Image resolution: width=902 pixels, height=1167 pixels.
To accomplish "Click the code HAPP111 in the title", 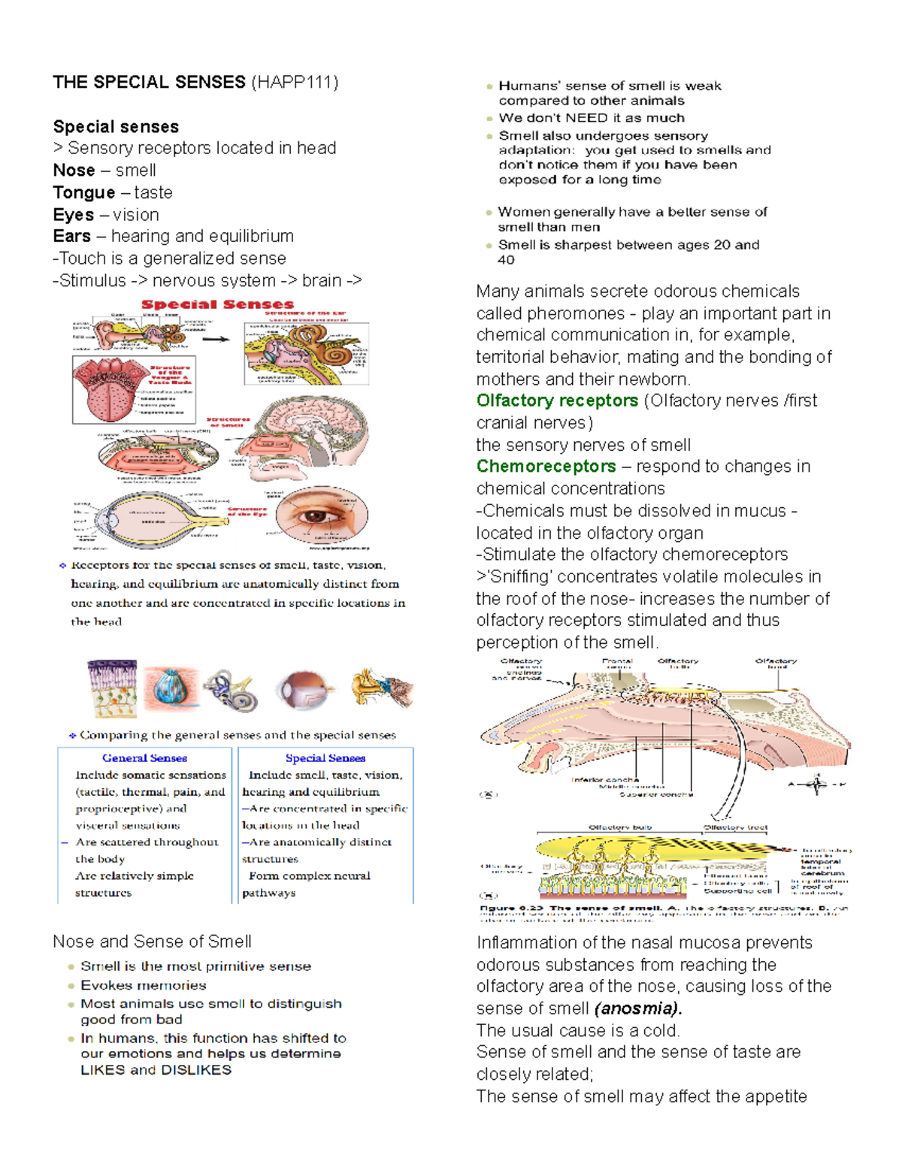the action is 295,83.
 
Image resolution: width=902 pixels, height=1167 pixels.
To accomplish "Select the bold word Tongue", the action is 83,193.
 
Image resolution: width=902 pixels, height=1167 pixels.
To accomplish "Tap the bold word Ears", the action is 71,237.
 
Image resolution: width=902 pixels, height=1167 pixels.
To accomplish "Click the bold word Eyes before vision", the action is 73,215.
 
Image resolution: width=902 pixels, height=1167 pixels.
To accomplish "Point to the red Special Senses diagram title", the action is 217,305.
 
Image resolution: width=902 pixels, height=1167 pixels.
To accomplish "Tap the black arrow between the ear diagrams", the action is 216,340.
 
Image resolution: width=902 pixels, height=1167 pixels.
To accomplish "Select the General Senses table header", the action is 144,758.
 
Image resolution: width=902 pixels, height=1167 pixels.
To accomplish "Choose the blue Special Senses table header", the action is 325,758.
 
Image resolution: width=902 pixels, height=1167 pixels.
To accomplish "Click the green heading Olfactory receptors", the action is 557,401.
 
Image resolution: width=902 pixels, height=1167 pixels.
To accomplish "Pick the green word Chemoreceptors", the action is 546,467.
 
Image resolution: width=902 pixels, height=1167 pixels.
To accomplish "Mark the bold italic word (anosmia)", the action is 637,1008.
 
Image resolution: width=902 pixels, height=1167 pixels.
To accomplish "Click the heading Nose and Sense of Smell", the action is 152,942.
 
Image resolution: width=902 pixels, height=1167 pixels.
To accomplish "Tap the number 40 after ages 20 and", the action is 506,260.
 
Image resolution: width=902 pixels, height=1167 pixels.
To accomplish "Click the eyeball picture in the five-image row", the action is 304,689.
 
